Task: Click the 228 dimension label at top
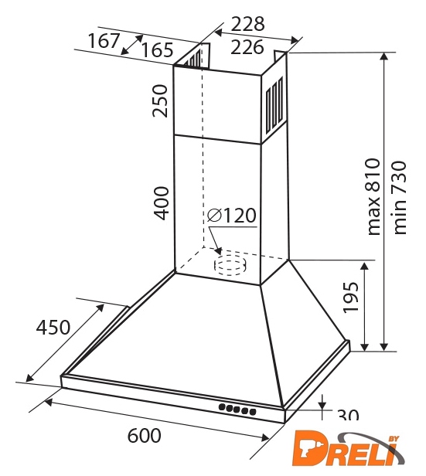247,24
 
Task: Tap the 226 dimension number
247,47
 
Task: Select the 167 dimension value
104,41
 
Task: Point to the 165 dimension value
157,50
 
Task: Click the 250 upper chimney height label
160,101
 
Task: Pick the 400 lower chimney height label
161,202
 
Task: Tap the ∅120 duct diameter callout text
232,216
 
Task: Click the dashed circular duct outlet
230,265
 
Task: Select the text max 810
373,196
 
